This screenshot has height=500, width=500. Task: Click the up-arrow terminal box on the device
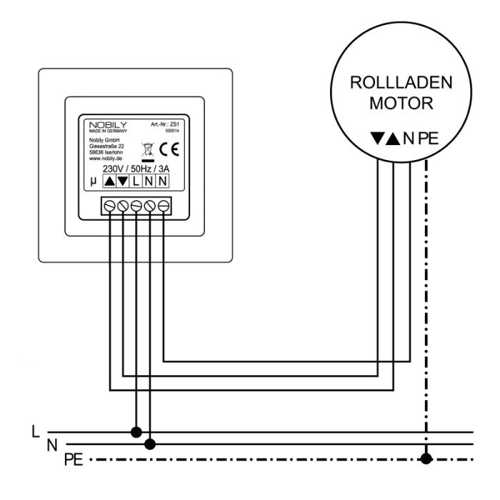point(109,182)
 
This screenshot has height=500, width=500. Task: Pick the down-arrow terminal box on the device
point(122,182)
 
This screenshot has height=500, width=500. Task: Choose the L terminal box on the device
point(136,182)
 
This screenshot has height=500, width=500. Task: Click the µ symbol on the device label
point(94,182)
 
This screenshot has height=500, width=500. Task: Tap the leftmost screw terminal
point(110,206)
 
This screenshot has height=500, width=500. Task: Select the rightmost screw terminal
point(164,206)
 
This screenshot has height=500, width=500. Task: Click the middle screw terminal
point(136,206)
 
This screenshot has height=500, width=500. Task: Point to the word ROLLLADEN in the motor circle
point(401,84)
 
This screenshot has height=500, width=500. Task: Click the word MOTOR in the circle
point(401,102)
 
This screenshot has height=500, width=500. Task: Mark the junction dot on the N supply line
point(150,444)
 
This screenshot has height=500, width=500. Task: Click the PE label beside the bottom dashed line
point(74,459)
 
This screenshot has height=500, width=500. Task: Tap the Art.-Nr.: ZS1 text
point(164,125)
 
